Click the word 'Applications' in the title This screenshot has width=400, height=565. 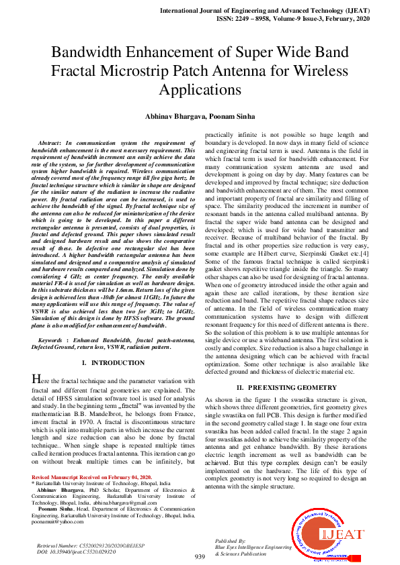click(200, 89)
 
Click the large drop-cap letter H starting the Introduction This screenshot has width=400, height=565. click(37, 380)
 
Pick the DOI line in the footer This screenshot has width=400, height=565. click(73, 552)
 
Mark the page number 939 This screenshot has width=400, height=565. click(200, 557)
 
